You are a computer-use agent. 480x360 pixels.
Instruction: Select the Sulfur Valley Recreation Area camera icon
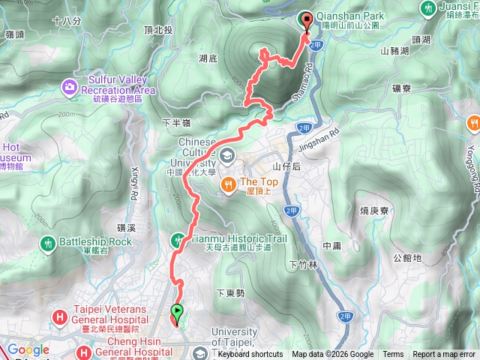click(70, 88)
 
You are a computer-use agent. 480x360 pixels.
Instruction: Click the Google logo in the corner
click(28, 349)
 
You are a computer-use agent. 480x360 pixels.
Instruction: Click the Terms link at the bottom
click(393, 355)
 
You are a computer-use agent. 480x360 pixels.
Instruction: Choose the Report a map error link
click(444, 355)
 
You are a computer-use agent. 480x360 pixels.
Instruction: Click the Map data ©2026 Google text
click(332, 355)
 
